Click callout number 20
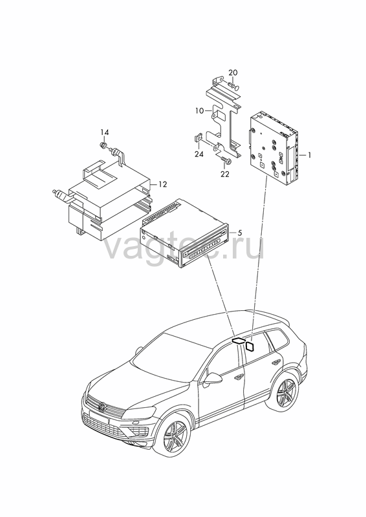tap(233, 72)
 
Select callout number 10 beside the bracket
tap(200, 111)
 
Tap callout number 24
tap(199, 154)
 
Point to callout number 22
tap(225, 174)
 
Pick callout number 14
tap(105, 132)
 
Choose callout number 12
tap(163, 184)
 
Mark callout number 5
tap(240, 233)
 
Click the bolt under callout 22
tap(226, 160)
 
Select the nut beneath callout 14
tap(103, 145)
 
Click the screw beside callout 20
tap(233, 87)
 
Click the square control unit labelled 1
tap(274, 146)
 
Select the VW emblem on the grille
tap(103, 407)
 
